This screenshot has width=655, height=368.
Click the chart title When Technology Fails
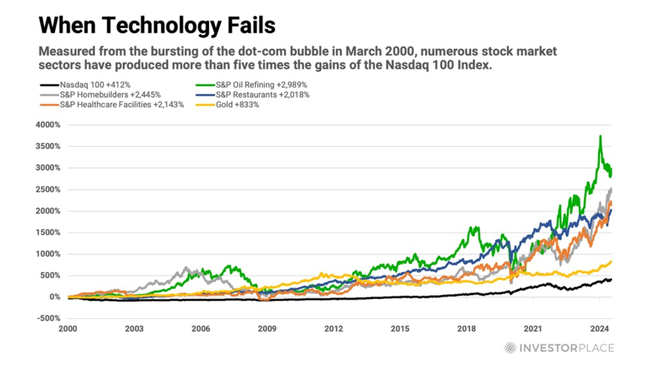click(156, 26)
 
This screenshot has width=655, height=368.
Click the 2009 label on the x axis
click(267, 329)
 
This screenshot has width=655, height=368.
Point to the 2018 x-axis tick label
click(466, 329)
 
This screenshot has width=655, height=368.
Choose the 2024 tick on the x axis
click(598, 329)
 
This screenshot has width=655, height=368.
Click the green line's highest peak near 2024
click(599, 136)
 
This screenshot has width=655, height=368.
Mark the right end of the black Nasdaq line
click(611, 279)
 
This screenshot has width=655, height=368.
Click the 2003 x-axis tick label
click(134, 329)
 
